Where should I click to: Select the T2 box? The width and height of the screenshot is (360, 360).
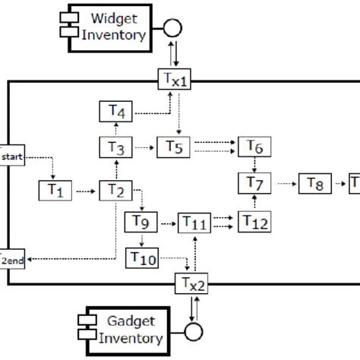115,190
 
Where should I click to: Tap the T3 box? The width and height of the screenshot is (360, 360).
115,147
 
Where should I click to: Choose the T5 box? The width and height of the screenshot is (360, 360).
175,147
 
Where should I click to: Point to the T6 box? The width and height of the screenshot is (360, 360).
255,147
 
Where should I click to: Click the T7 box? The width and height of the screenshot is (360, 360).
255,183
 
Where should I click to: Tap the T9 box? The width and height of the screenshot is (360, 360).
141,222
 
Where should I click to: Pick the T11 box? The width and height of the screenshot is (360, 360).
196,223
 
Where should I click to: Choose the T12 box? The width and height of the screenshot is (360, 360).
255,221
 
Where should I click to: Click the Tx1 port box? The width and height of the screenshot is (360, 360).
175,78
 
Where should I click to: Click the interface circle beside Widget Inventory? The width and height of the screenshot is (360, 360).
173,29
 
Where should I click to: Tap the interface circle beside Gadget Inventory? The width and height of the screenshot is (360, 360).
196,333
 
